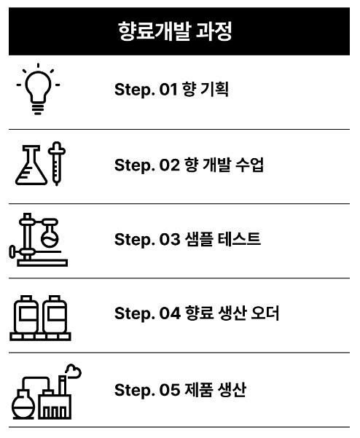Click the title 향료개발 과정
pos(175,31)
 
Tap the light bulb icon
pos(38,90)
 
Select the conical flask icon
pos(31,165)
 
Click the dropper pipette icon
pos(57,163)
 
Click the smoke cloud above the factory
pos(73,371)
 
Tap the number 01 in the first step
pos(168,90)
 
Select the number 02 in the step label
pos(169,165)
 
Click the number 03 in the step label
pos(170,239)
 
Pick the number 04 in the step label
pos(170,313)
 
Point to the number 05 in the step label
pos(170,390)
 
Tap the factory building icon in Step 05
pos(55,397)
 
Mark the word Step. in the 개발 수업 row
pos(134,165)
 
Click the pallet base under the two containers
pos(40,336)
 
